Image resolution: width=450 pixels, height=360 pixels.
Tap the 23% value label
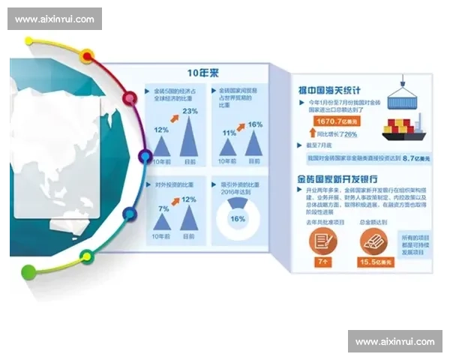(x=190, y=112)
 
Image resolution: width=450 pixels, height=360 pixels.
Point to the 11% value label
(x=229, y=133)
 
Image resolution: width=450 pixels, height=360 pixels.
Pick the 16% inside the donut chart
(x=238, y=219)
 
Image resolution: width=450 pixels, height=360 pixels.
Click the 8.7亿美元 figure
(x=415, y=159)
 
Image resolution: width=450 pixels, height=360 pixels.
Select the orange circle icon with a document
(x=323, y=240)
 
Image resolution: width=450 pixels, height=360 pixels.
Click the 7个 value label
(x=323, y=263)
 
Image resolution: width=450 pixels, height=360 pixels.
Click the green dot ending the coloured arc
(x=28, y=271)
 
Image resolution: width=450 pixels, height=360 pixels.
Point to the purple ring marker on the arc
(x=145, y=156)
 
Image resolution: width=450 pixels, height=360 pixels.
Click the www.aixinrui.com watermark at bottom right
(x=394, y=341)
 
